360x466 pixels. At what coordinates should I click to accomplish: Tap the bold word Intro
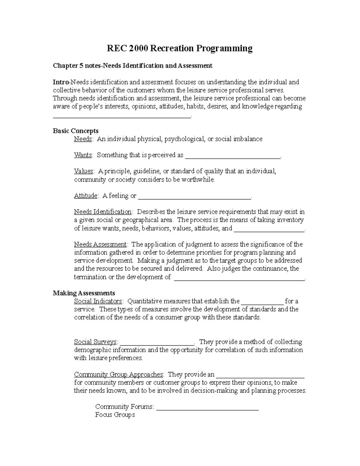pyautogui.click(x=61, y=82)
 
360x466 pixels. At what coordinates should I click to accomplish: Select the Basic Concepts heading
pyautogui.click(x=76, y=131)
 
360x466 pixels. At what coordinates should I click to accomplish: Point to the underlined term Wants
pyautogui.click(x=83, y=155)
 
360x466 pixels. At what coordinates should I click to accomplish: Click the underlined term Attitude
pyautogui.click(x=86, y=196)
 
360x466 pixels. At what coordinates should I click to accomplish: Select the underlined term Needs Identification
pyautogui.click(x=103, y=212)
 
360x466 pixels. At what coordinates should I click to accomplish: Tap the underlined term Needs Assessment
pyautogui.click(x=100, y=244)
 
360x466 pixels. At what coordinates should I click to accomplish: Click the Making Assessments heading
pyautogui.click(x=84, y=293)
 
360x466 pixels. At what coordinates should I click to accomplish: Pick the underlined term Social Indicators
pyautogui.click(x=98, y=301)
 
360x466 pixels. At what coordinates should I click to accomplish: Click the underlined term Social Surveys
pyautogui.click(x=95, y=342)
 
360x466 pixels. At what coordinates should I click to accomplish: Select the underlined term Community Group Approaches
pyautogui.click(x=119, y=374)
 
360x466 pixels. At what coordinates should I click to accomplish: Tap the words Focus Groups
pyautogui.click(x=115, y=415)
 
